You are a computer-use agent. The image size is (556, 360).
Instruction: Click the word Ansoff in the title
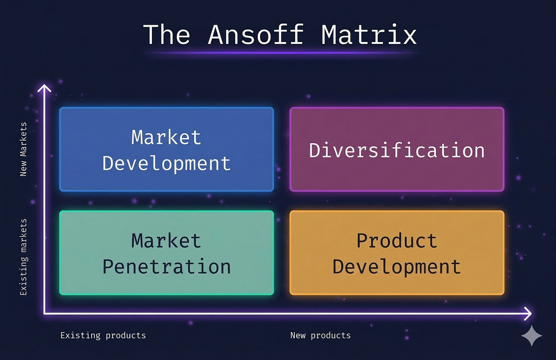(256, 34)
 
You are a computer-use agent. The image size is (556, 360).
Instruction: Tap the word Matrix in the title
(369, 34)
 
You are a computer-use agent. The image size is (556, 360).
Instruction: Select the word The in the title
(167, 34)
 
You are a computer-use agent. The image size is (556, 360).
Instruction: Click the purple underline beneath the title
(283, 53)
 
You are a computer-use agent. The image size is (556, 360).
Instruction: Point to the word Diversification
(397, 150)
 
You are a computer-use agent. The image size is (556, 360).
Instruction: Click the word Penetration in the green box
(166, 267)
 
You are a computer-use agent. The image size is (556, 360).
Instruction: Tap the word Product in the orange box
(397, 241)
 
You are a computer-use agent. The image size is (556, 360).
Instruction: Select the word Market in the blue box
(166, 137)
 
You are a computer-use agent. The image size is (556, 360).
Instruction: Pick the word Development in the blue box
(166, 164)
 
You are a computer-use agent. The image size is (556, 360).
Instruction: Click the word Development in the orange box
(397, 268)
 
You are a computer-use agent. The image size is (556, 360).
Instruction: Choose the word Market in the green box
(166, 241)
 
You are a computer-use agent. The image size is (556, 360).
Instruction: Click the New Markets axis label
(23, 149)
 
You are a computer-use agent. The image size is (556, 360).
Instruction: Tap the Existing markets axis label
(24, 257)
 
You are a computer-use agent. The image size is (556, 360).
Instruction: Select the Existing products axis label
(103, 336)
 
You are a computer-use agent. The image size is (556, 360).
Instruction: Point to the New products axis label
(320, 336)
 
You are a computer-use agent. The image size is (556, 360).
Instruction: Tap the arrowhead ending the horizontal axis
(528, 313)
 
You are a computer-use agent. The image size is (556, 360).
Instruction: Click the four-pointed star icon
(532, 336)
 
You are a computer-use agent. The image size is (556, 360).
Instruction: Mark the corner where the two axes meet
(45, 313)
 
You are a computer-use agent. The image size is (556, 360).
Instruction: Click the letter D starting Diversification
(315, 150)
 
